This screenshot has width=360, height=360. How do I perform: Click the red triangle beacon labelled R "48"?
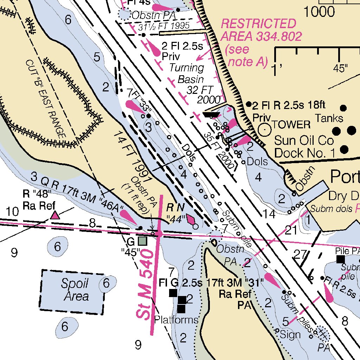pyautogui.click(x=54, y=215)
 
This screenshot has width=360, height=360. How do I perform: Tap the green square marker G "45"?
pyautogui.click(x=142, y=241)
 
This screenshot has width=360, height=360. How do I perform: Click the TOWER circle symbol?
pyautogui.click(x=265, y=129)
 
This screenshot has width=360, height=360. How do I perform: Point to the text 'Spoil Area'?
pyautogui.click(x=75, y=290)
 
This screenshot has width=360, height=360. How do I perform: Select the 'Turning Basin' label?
pyautogui.click(x=186, y=73)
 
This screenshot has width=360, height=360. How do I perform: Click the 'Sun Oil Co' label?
pyautogui.click(x=304, y=141)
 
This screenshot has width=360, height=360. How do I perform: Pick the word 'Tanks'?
pyautogui.click(x=329, y=117)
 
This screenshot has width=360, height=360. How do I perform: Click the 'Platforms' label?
pyautogui.click(x=176, y=320)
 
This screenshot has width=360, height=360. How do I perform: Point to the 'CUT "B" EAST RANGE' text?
pyautogui.click(x=46, y=98)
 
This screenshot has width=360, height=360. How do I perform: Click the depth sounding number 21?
pyautogui.click(x=291, y=230)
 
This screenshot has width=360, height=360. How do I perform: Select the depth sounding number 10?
pyautogui.click(x=12, y=212)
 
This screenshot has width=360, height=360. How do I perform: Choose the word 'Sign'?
pyautogui.click(x=290, y=335)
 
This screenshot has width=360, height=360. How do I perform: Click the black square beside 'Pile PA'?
pyautogui.click(x=340, y=259)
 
